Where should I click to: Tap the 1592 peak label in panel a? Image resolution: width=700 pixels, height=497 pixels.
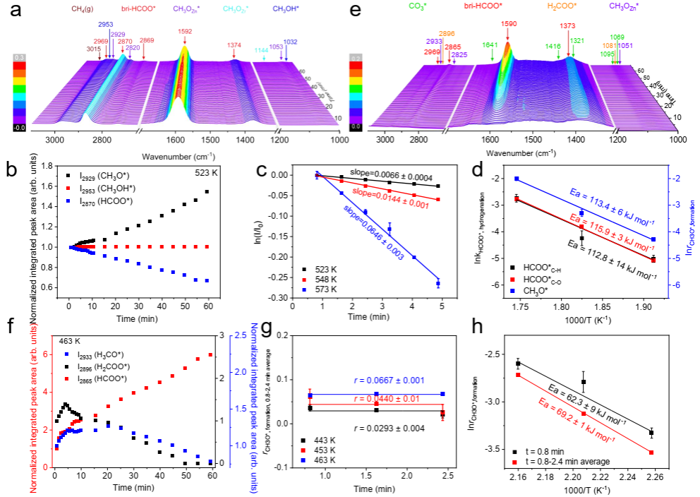(185, 31)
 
